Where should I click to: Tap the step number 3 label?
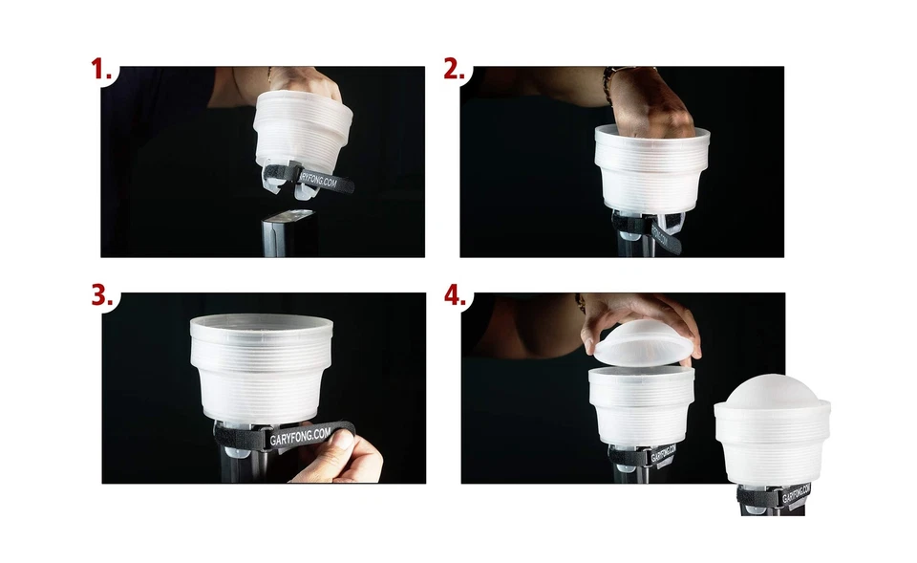tap(102, 295)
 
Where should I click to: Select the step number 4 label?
tap(455, 295)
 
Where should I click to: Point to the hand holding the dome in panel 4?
tap(640, 311)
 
